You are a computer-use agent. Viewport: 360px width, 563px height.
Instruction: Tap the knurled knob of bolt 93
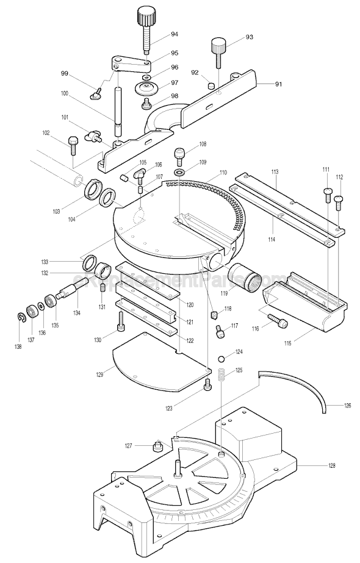tap(219, 45)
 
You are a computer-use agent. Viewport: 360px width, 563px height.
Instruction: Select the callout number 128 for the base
tap(332, 466)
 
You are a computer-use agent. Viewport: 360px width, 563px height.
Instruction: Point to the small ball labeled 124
tap(222, 355)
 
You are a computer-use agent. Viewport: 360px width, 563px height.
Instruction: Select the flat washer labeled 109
tap(179, 173)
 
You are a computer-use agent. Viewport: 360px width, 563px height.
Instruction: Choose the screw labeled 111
tap(327, 194)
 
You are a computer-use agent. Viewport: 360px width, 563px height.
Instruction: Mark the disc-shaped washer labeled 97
tap(146, 87)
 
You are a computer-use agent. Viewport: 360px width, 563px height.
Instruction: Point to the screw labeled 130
tap(121, 318)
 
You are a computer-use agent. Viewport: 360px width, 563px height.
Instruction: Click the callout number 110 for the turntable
tap(206, 173)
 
